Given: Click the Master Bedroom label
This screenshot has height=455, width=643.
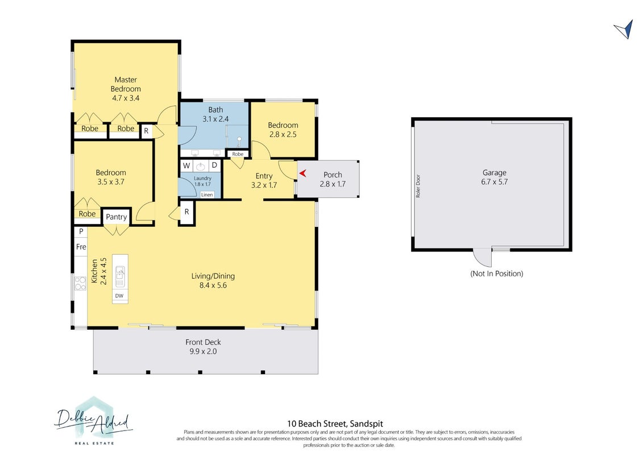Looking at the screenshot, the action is pos(126,84).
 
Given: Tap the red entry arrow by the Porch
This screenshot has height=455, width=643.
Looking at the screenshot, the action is pos(302,173).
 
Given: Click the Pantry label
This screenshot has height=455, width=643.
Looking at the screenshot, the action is pos(117,217).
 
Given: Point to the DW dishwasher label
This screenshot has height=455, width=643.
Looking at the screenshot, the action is pos(119,296).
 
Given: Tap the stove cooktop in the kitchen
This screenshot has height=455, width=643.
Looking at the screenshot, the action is pos(80,283).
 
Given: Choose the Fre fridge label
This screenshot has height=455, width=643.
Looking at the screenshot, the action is pos(81,247).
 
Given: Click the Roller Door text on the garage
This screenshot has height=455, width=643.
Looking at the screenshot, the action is pos(418,187).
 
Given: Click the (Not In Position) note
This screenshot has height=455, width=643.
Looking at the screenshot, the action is pos(496,274).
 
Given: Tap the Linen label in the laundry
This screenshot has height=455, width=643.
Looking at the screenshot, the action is pos(207,195).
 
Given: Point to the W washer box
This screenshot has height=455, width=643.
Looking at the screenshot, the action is pos(186,166).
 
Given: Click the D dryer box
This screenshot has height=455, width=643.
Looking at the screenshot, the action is pos(214,166).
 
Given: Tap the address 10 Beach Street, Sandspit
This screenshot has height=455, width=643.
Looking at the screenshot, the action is pos(335,423).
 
